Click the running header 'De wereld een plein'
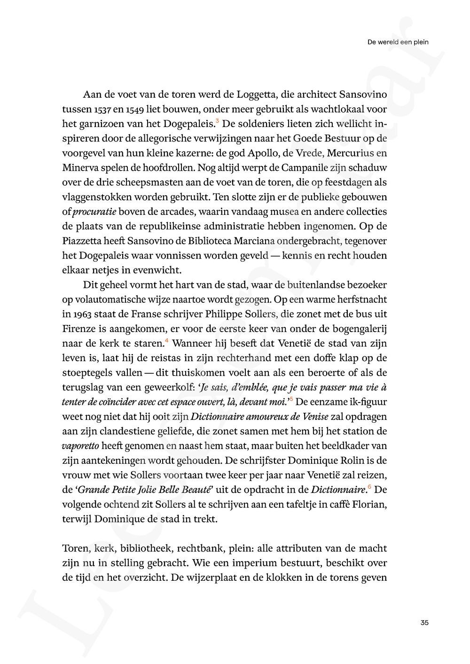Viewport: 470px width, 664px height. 398,42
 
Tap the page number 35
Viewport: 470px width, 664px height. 424,623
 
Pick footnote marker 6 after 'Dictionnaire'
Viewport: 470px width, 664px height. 369,487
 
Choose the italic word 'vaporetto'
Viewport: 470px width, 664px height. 80,446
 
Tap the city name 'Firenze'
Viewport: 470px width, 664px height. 79,329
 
